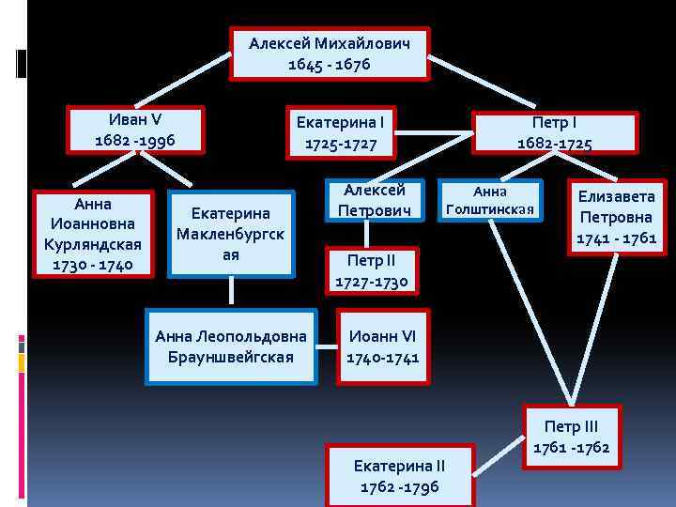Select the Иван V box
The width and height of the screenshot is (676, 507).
[x=135, y=130]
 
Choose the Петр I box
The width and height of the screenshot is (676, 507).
[x=554, y=132]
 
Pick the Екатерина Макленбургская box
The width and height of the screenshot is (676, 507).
[x=231, y=235]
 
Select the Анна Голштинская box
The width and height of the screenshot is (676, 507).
[x=489, y=200]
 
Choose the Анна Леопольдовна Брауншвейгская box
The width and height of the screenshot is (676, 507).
[x=231, y=346]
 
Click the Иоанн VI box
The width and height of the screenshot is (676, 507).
[x=383, y=346]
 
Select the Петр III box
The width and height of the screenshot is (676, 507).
[x=571, y=436]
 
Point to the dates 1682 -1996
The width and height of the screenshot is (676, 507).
[x=135, y=141]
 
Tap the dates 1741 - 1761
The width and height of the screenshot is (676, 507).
[x=616, y=238]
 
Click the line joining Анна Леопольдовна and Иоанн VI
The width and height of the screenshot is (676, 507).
[x=327, y=346]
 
